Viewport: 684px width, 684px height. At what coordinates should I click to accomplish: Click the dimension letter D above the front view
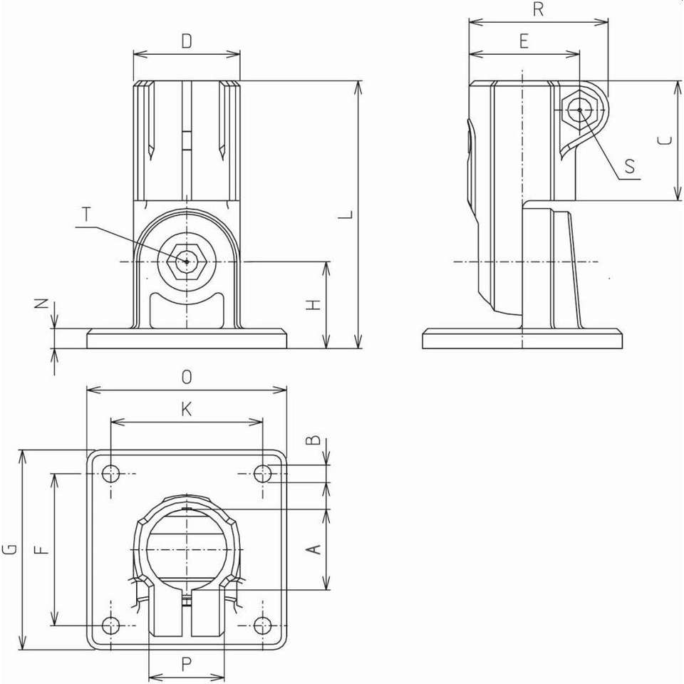point(187,41)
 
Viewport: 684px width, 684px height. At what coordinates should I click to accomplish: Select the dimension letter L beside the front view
point(347,214)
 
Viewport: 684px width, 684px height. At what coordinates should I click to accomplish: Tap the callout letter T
point(87,214)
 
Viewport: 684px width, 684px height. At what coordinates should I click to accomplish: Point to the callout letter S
point(629,166)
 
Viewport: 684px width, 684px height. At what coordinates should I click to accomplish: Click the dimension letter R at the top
point(539,9)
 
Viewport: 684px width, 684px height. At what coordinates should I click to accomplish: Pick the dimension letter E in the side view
point(524,41)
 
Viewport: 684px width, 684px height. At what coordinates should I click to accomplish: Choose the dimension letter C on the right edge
point(664,140)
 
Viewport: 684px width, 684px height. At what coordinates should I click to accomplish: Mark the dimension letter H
point(313,304)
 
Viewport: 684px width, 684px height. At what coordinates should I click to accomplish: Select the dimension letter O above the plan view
point(187,376)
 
